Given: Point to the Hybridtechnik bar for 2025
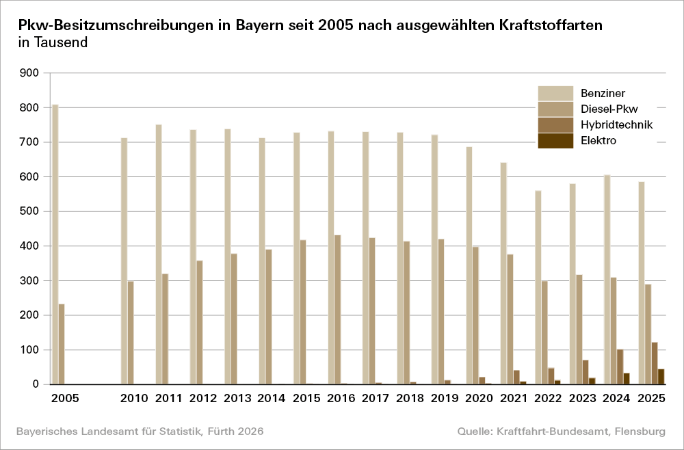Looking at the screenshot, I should coord(655,363).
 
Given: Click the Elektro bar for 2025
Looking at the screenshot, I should coord(661,377).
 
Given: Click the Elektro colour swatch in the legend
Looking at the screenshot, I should coord(555,141).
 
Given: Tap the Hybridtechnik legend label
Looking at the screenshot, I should coord(616,124).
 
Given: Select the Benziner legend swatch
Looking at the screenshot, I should coord(555,93).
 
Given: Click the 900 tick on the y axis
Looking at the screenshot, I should coord(31,73).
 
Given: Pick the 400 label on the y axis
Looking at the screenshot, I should coord(31,246).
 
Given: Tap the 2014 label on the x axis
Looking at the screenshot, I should coord(271,398).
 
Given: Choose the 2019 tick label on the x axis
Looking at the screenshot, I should coord(443,398).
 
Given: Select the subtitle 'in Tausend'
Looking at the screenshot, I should coord(53,42).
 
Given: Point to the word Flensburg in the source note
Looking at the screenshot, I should coord(640,432).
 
